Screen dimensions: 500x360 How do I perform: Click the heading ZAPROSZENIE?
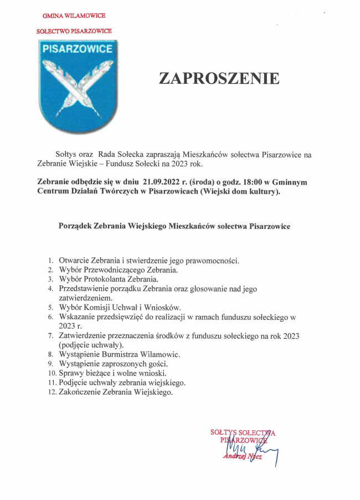click(x=219, y=78)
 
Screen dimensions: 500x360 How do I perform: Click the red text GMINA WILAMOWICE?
click(x=74, y=16)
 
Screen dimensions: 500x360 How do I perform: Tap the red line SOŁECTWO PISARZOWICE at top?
click(x=74, y=32)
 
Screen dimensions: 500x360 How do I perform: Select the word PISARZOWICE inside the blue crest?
click(x=78, y=49)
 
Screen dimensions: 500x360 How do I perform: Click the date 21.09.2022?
click(x=162, y=181)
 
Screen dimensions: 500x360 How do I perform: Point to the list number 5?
click(x=50, y=307)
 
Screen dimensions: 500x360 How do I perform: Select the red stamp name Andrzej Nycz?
click(x=243, y=456)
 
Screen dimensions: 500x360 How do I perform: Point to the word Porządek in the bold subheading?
click(x=75, y=226)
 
